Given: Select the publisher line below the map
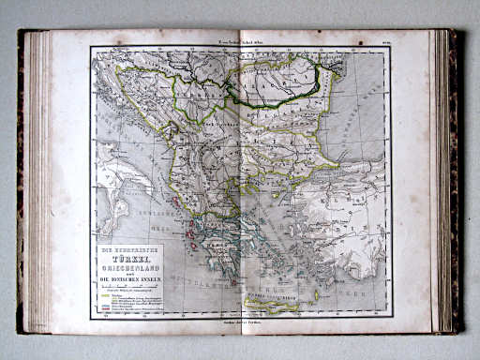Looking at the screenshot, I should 241,322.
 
